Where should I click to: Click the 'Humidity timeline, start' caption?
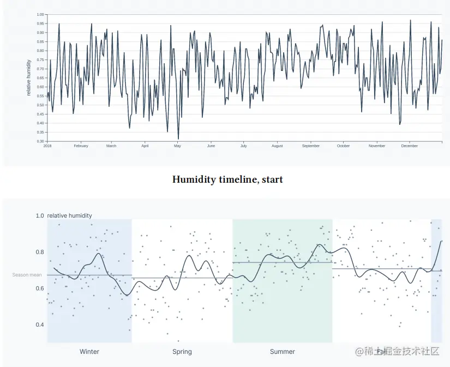tap(227, 179)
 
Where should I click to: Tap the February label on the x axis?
tap(81, 146)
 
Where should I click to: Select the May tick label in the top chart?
tap(177, 146)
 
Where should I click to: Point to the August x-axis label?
tap(277, 146)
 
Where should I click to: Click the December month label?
tap(410, 146)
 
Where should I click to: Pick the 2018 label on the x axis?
tap(47, 146)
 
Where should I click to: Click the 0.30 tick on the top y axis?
tap(40, 141)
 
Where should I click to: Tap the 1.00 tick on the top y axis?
tap(40, 15)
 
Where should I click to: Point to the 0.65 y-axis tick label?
tap(40, 78)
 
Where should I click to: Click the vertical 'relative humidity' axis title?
tap(28, 78)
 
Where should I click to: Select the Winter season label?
tap(89, 352)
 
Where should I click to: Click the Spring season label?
tap(182, 352)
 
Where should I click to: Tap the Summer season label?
tap(283, 352)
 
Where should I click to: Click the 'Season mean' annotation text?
tap(27, 275)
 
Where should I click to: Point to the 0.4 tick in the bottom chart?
tap(40, 325)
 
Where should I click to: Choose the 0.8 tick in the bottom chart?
tap(40, 252)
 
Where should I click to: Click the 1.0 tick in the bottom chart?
tap(40, 216)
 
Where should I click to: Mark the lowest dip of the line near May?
tap(178, 139)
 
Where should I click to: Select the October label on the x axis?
tap(343, 146)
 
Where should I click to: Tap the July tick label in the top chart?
tap(243, 146)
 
